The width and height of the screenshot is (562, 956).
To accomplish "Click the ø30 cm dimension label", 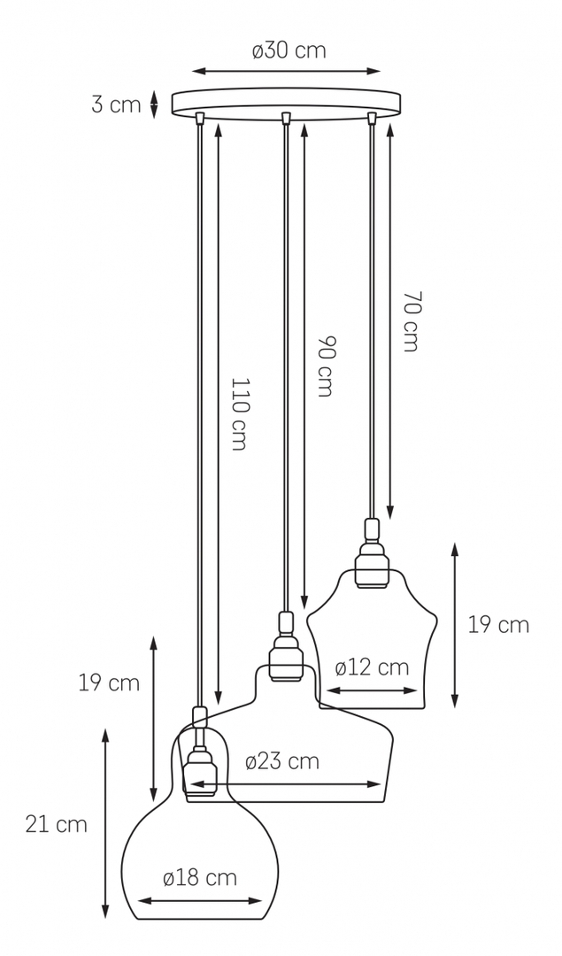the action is (x=289, y=50).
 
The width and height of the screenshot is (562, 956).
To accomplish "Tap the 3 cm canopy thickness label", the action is (x=116, y=104).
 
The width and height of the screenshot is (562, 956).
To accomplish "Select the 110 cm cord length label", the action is (x=240, y=413).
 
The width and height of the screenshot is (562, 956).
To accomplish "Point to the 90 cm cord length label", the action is (x=324, y=366).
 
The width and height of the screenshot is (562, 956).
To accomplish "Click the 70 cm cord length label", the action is (x=411, y=321).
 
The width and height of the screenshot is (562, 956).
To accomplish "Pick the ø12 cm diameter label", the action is (x=372, y=667).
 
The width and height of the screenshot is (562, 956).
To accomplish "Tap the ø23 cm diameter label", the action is (x=282, y=761).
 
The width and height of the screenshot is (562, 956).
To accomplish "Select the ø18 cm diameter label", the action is (x=200, y=878).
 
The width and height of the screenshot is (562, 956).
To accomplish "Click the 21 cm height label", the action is (x=57, y=824).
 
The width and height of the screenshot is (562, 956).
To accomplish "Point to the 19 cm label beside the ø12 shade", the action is (x=498, y=625).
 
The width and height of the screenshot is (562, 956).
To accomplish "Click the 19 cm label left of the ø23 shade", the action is (x=109, y=682).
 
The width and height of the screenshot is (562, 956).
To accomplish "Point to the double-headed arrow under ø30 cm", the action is (x=287, y=72).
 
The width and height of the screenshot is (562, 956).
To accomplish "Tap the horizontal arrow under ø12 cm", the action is (x=371, y=690).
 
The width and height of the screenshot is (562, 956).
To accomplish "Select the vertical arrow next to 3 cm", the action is (x=154, y=104).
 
